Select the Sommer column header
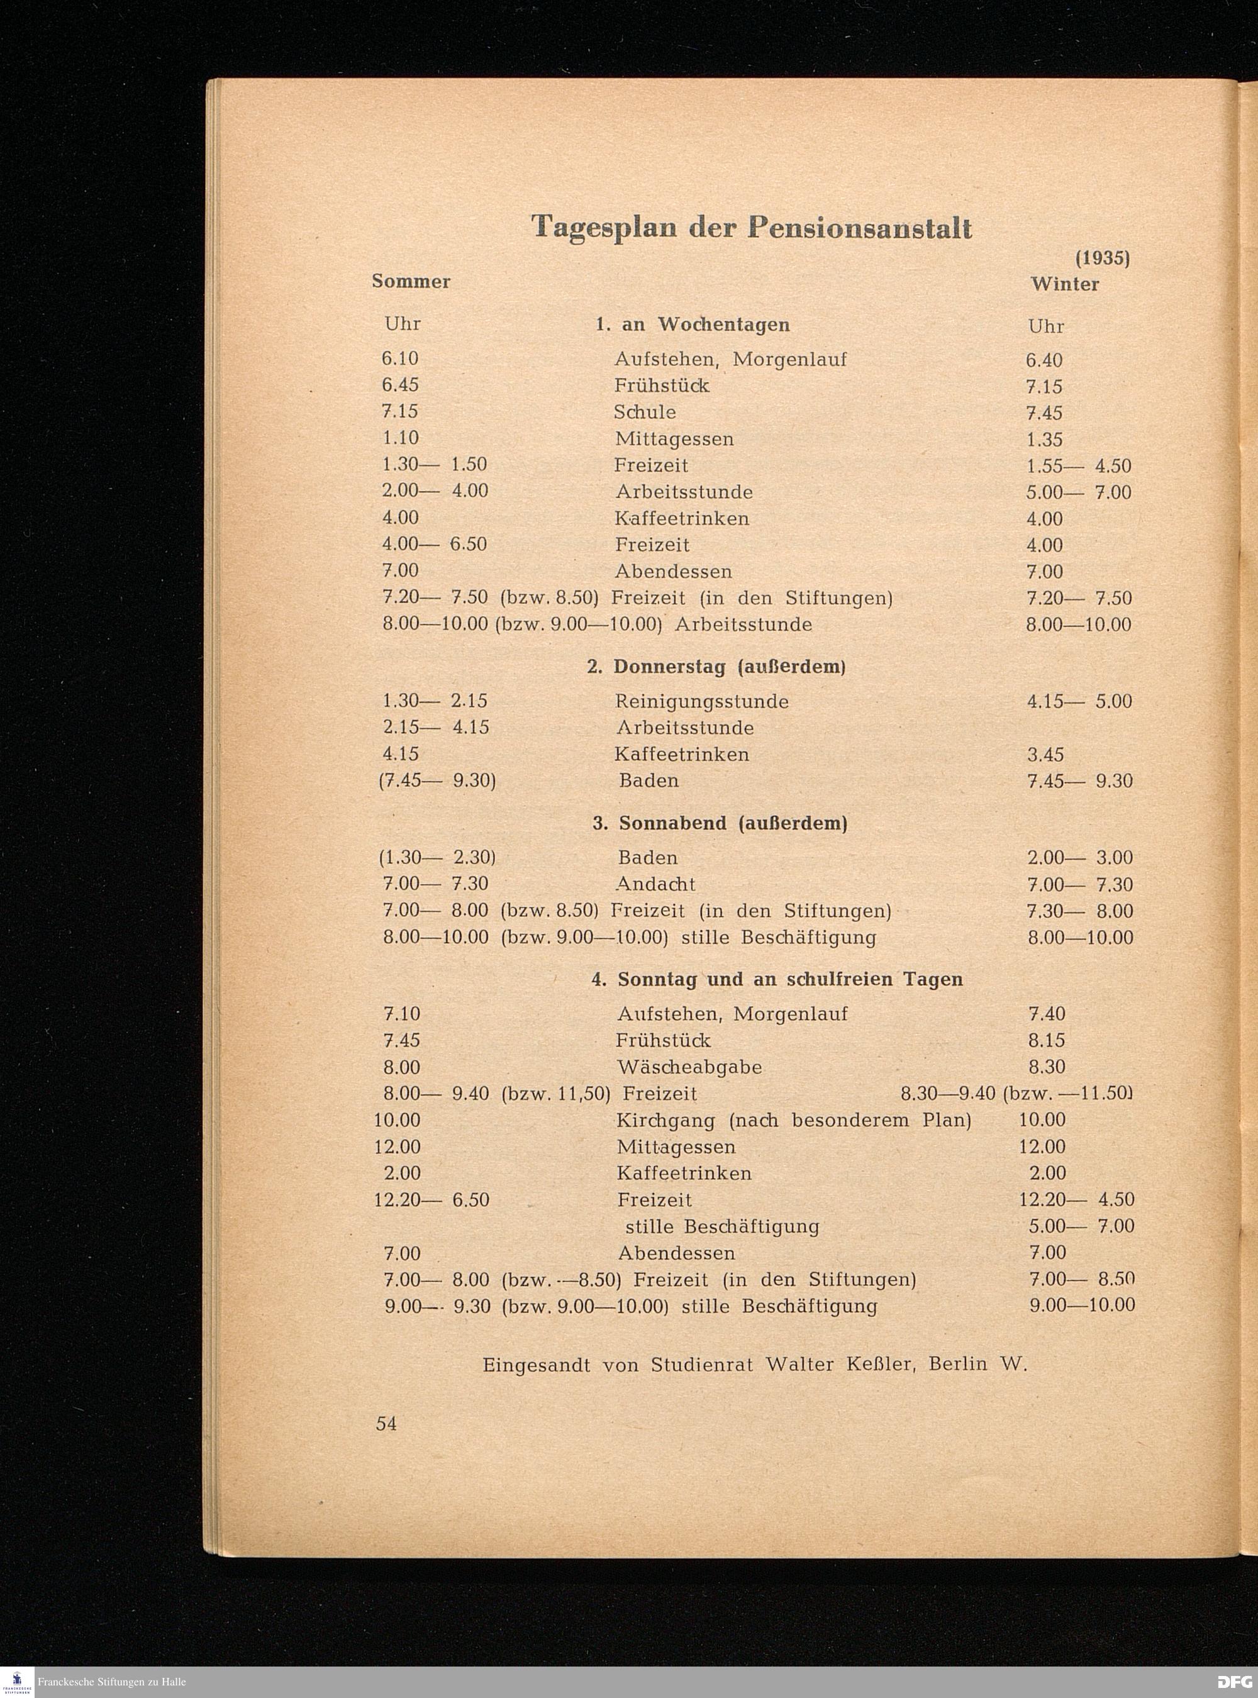(411, 282)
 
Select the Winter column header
(1064, 284)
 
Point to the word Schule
(645, 412)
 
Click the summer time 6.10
(401, 358)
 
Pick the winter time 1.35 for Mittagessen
(1044, 440)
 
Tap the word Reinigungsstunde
(701, 701)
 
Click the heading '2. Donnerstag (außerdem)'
(716, 667)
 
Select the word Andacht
(655, 884)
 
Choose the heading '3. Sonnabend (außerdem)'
(720, 823)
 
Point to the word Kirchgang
(666, 1120)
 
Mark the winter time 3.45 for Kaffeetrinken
(1045, 755)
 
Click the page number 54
(386, 1424)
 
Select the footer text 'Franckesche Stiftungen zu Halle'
(112, 1681)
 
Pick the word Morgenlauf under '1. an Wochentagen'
(789, 359)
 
